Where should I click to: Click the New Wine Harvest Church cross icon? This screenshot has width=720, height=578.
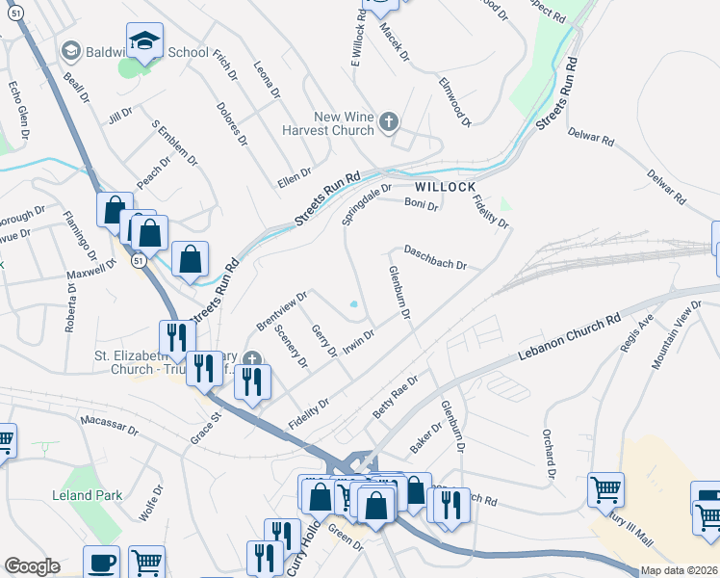pyautogui.click(x=389, y=122)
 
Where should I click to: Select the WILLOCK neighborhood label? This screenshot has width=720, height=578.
pyautogui.click(x=447, y=186)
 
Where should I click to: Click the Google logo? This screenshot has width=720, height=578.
pyautogui.click(x=32, y=566)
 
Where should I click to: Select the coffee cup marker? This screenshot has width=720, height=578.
pyautogui.click(x=101, y=563)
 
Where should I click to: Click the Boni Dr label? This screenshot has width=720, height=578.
pyautogui.click(x=421, y=205)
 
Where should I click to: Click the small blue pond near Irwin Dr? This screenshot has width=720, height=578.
pyautogui.click(x=355, y=305)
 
